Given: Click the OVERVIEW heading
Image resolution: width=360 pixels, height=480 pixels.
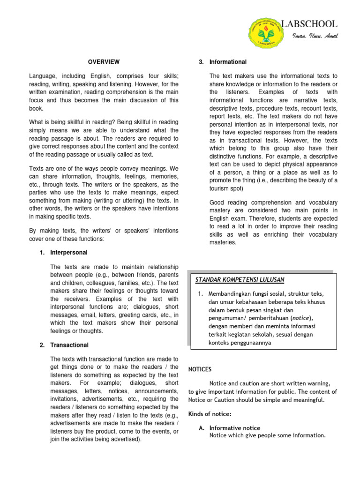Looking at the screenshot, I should [x=104, y=62].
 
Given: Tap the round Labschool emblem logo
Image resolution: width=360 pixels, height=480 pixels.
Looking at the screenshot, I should [x=263, y=31].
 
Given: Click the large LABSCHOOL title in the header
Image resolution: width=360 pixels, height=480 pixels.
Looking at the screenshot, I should [x=309, y=24].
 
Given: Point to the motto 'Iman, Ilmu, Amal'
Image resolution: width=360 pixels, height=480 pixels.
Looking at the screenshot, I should [x=315, y=37].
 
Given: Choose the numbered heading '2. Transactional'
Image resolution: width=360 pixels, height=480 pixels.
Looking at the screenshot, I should [x=64, y=345].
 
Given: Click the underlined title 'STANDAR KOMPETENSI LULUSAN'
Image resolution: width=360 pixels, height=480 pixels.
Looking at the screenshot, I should [x=240, y=280].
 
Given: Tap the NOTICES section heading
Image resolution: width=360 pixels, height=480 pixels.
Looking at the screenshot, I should [x=200, y=369].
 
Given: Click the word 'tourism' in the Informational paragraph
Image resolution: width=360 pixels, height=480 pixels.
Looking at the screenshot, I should [x=220, y=188].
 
